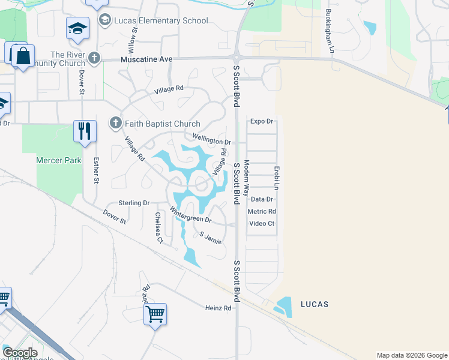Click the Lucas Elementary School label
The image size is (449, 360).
pyautogui.click(x=161, y=21)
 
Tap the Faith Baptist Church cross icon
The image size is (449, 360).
pyautogui.click(x=116, y=124)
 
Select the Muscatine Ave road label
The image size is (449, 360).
pyautogui.click(x=146, y=60)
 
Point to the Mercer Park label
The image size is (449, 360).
pyautogui.click(x=58, y=161)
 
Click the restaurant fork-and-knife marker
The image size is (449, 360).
pyautogui.click(x=85, y=131)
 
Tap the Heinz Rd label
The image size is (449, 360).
pyautogui.click(x=217, y=308)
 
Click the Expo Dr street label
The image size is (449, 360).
pyautogui.click(x=261, y=121)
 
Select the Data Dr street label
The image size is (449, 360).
pyautogui.click(x=262, y=199)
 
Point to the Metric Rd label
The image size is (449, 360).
pyautogui.click(x=262, y=211)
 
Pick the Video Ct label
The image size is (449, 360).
pyautogui.click(x=262, y=224)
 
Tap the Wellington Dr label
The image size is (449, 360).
pyautogui.click(x=211, y=140)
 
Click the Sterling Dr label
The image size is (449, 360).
pyautogui.click(x=133, y=203)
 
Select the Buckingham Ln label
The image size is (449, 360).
pyautogui.click(x=329, y=30)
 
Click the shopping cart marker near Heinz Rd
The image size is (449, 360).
pyautogui.click(x=155, y=314)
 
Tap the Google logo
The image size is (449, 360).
pyautogui.click(x=20, y=353)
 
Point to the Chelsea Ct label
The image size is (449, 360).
pyautogui.click(x=159, y=227)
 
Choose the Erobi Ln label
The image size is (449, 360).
pyautogui.click(x=277, y=179)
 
